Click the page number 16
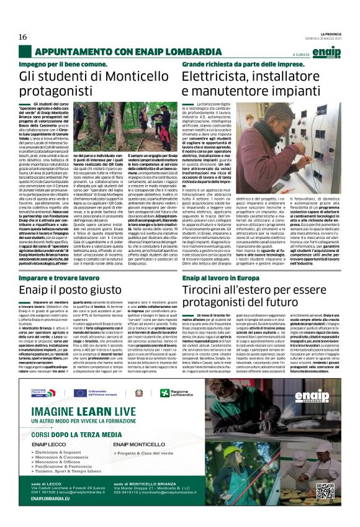pos(23,37)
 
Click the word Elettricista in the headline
pos(217,76)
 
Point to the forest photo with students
pos(122,127)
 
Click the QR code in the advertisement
pos(325,490)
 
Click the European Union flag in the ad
pos(79,392)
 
